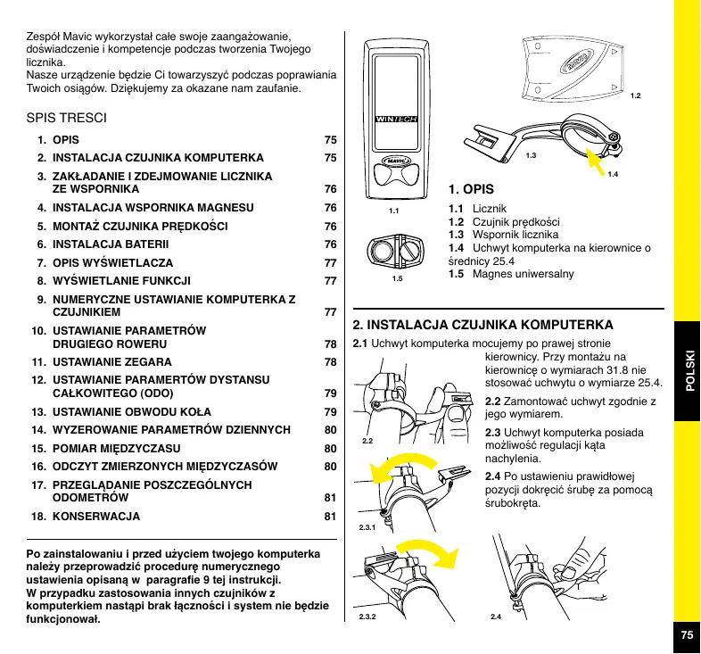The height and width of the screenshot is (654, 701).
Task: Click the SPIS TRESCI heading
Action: [68, 117]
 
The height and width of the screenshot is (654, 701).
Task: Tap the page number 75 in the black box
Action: [686, 634]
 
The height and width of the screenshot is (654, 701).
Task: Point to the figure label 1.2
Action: [636, 95]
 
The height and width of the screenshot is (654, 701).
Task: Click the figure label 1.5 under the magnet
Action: [397, 279]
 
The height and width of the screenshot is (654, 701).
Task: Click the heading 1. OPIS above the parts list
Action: [472, 189]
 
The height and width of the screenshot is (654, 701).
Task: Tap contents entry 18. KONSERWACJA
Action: [96, 516]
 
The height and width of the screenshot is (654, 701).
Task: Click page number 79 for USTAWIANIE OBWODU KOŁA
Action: [330, 412]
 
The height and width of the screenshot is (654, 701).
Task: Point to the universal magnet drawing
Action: [397, 253]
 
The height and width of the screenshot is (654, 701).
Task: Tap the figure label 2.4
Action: [496, 617]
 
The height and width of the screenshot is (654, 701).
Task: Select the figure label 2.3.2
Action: [367, 617]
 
